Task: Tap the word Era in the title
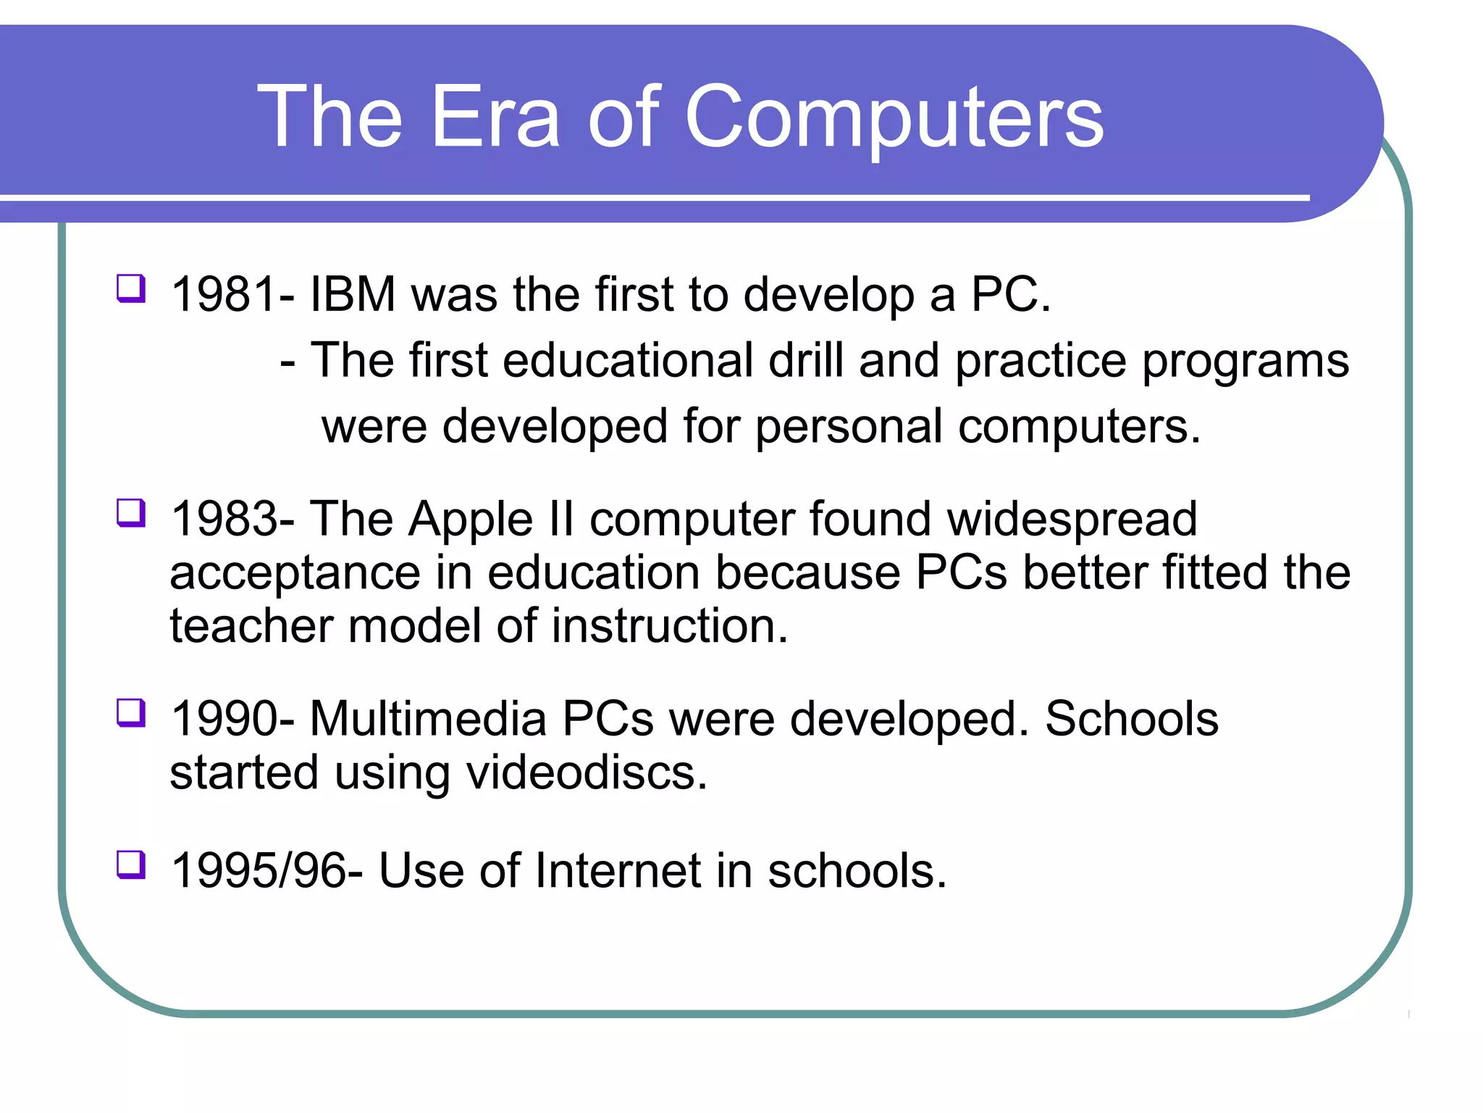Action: click(x=495, y=117)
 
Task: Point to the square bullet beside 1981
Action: click(x=131, y=288)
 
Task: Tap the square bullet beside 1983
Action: click(x=131, y=513)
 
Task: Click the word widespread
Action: click(x=1072, y=520)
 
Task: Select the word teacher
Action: click(x=251, y=625)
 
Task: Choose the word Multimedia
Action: click(x=428, y=719)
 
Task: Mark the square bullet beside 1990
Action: click(x=131, y=712)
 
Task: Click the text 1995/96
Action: click(x=258, y=870)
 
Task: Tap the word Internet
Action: click(x=618, y=870)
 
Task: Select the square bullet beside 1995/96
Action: click(x=131, y=864)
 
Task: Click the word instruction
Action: click(x=670, y=625)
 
